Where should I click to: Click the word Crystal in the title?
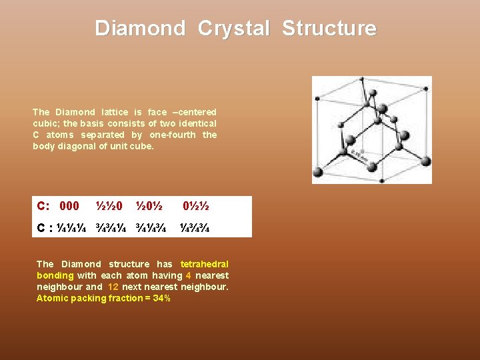tap(233, 29)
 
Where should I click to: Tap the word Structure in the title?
tap(329, 29)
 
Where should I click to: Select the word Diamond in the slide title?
tap(140, 29)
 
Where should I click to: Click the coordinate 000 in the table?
tap(69, 206)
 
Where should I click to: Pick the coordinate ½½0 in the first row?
tap(109, 206)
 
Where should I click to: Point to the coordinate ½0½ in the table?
tap(149, 206)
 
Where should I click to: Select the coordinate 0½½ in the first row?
tap(196, 206)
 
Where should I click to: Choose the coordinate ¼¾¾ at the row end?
tap(195, 227)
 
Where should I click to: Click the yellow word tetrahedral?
tap(204, 264)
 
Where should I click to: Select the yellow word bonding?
tap(55, 275)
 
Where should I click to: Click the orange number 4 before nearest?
tap(188, 275)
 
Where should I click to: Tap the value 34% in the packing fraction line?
tap(161, 298)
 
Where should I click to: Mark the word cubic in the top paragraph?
tap(43, 123)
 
